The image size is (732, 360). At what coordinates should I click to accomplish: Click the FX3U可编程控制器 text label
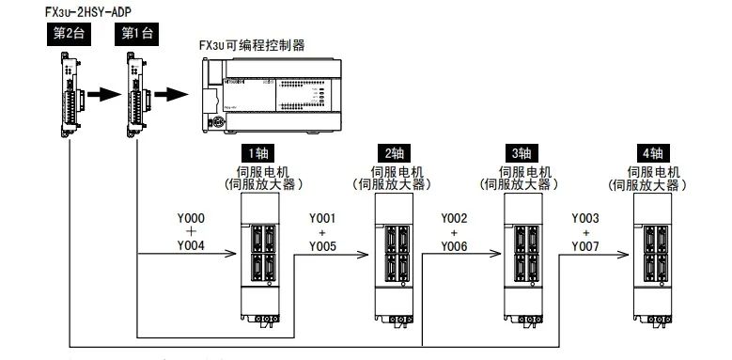click(x=251, y=44)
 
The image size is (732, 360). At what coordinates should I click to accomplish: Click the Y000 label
click(x=191, y=218)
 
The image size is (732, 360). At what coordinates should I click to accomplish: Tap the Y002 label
click(x=454, y=218)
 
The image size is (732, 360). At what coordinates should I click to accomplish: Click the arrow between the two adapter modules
click(x=103, y=95)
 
